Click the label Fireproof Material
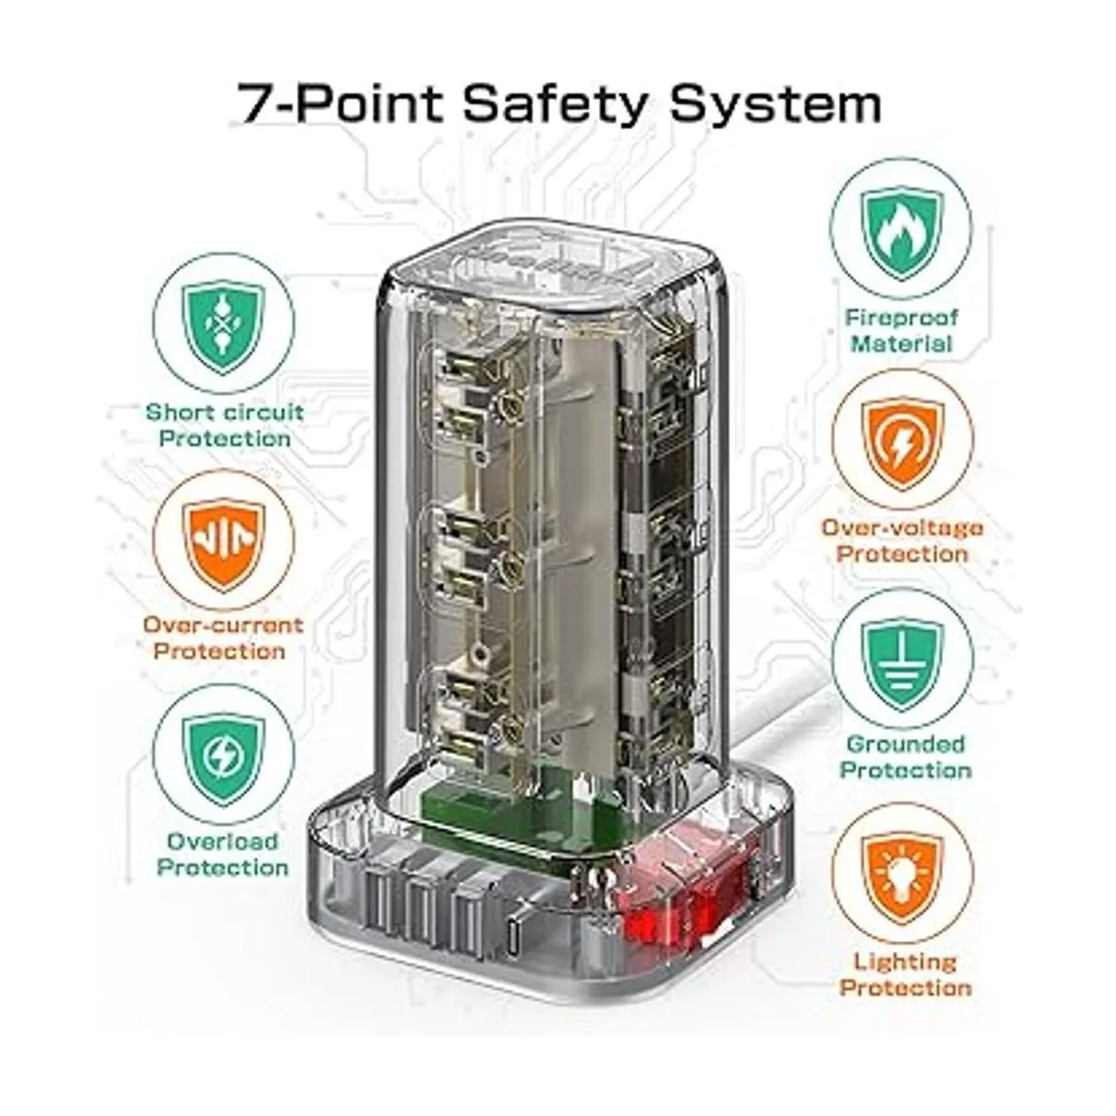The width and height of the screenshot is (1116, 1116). pos(902,331)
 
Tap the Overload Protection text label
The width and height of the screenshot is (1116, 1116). pos(223,855)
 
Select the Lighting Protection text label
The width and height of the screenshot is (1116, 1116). pos(905,975)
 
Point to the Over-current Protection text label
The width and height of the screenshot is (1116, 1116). pos(223,638)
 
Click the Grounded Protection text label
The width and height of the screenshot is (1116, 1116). pos(905,757)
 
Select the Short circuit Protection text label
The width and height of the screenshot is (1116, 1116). pos(225,426)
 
